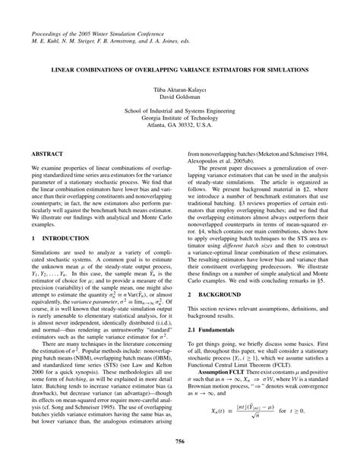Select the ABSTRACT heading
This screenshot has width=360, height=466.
pyautogui.click(x=49, y=153)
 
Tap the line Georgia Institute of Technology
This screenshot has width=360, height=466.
pyautogui.click(x=180, y=117)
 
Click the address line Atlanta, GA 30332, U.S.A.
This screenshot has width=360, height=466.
pyautogui.click(x=180, y=125)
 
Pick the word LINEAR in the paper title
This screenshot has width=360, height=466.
pyautogui.click(x=65, y=68)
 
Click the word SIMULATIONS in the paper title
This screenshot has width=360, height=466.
pyautogui.click(x=282, y=68)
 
